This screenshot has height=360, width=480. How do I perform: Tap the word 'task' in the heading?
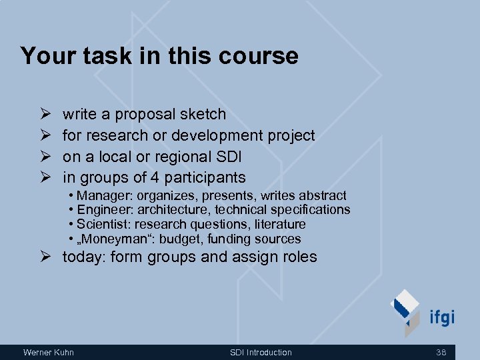tap(102, 56)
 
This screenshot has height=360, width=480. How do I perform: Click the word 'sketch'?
tap(203, 115)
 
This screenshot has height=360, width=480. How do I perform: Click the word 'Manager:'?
tap(102, 195)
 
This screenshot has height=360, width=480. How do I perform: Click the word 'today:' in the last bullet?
tap(84, 257)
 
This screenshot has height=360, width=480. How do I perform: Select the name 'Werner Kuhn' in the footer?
tap(49, 353)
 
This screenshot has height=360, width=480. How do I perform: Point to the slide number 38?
tap(441, 353)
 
